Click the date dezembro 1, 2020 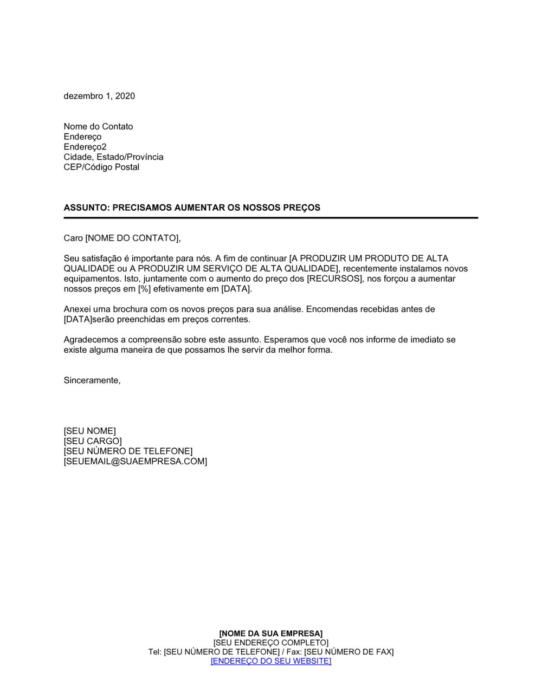[99, 96]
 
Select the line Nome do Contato [98, 126]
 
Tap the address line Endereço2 [85, 147]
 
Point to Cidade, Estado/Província [113, 157]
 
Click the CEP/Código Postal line [101, 167]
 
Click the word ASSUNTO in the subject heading [85, 208]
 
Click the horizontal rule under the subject [271, 218]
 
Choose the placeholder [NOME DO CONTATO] [133, 238]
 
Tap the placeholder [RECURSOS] [335, 279]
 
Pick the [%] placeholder [144, 289]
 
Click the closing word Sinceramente [92, 380]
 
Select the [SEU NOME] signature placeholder [89, 431]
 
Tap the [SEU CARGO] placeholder [93, 441]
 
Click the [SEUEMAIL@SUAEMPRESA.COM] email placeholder [135, 461]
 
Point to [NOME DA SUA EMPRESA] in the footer [271, 633]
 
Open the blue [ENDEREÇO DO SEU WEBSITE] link [271, 661]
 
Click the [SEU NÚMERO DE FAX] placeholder [349, 652]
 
